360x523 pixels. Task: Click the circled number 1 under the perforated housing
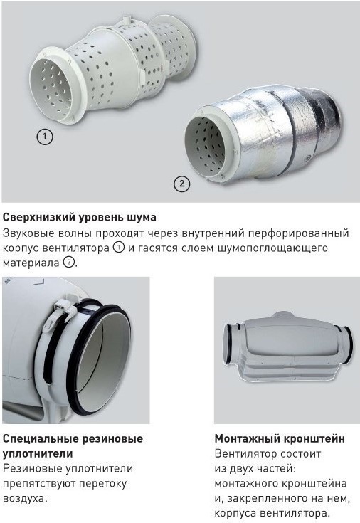click(44, 136)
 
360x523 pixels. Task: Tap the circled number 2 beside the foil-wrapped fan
click(182, 183)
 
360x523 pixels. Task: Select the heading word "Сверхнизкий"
click(39, 218)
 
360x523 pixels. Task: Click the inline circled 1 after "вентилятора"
click(119, 248)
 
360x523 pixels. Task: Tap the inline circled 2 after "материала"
click(69, 262)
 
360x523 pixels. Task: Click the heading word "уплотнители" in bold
click(38, 454)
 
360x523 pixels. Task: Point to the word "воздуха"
click(23, 499)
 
